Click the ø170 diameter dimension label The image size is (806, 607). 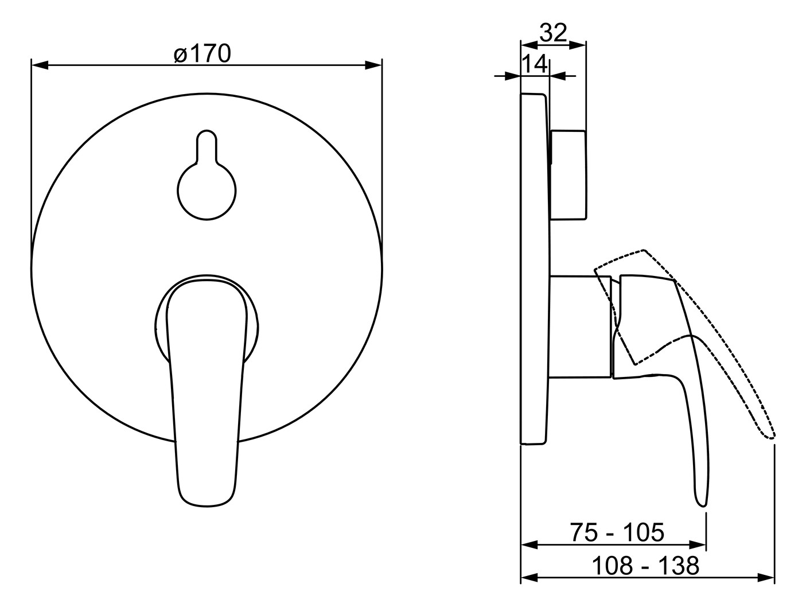pos(203,54)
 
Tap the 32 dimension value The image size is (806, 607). pos(554,33)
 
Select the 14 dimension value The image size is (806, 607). pos(535,64)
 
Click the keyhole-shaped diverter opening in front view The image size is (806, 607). pos(207,175)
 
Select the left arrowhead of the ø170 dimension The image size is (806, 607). pos(40,66)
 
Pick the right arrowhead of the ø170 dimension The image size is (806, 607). pos(373,66)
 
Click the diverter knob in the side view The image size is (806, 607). pos(568,175)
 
